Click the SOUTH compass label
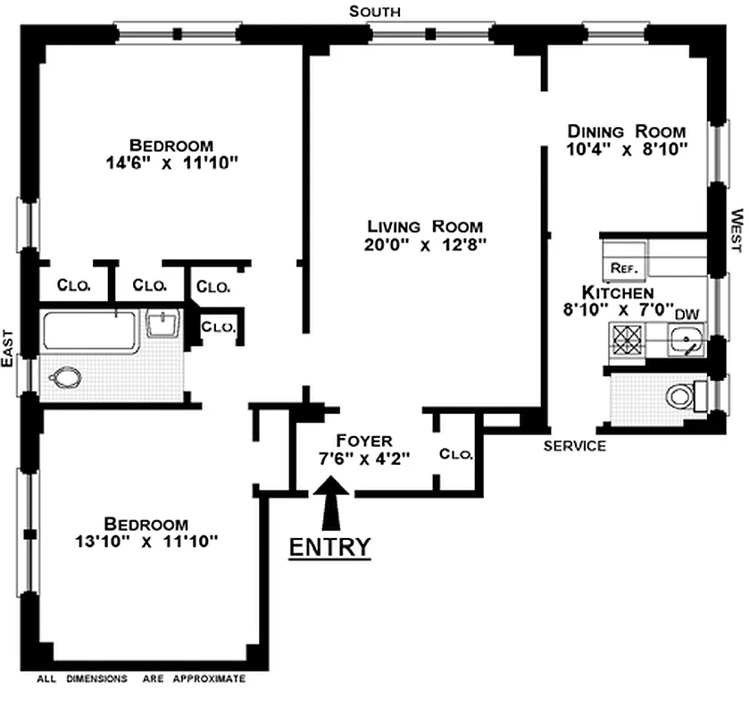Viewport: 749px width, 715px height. coord(374,11)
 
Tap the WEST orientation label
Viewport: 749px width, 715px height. coord(737,231)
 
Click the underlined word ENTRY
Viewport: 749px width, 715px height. coord(329,547)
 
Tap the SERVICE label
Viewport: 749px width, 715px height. coord(576,446)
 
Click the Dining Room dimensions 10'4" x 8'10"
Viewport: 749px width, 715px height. coord(627,149)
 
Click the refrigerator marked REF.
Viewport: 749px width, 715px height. coord(621,267)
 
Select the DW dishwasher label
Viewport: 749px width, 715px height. coord(686,314)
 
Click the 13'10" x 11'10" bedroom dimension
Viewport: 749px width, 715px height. coord(146,542)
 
